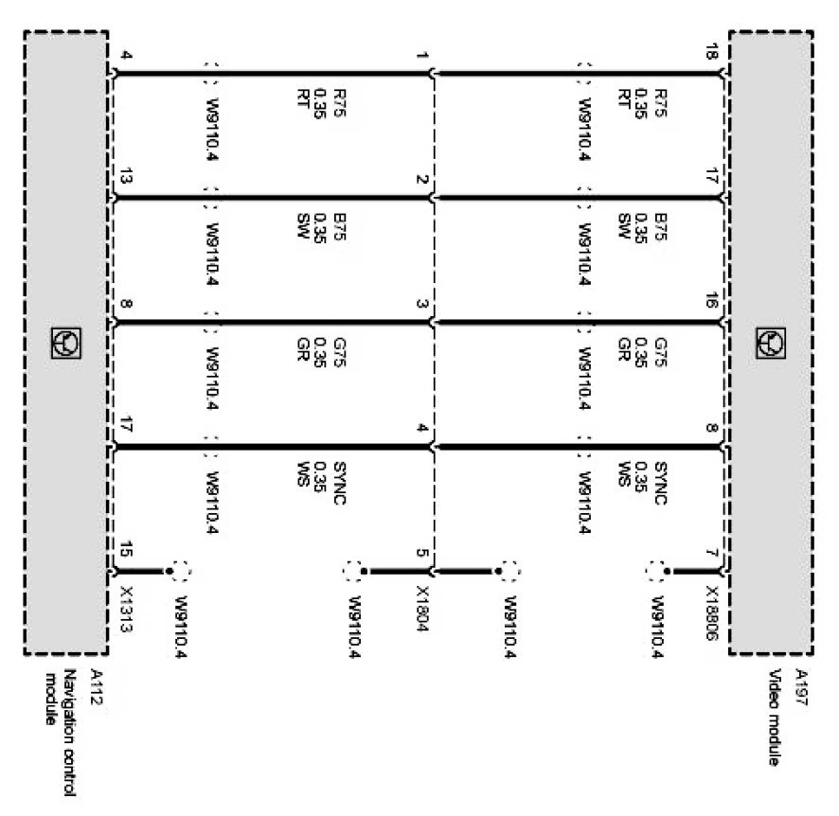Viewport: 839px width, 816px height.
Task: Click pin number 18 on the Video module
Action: (711, 56)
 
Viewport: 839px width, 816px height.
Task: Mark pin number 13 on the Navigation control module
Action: (125, 177)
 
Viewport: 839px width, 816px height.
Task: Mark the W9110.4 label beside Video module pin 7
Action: (654, 627)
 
